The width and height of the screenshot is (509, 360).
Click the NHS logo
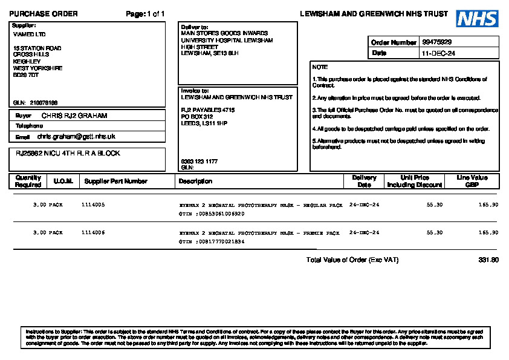(x=477, y=19)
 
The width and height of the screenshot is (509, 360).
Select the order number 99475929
(x=436, y=42)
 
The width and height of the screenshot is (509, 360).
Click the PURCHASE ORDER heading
(x=44, y=14)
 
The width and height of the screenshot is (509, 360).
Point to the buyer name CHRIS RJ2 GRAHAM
(x=74, y=115)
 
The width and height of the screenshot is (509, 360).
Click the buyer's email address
(x=76, y=137)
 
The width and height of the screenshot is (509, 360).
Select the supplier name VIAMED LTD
(x=29, y=34)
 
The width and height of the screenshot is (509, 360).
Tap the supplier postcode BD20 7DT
(x=26, y=75)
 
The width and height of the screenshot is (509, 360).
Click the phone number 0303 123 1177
(x=199, y=162)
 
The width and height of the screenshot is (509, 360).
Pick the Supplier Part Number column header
(x=115, y=181)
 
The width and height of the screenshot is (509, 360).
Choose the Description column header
(x=195, y=181)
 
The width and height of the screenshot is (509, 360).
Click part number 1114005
(x=93, y=205)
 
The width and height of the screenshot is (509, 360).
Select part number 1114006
(x=93, y=232)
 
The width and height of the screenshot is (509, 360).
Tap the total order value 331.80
(x=488, y=260)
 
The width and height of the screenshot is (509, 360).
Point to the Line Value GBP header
(x=472, y=181)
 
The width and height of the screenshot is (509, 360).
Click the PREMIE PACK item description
(x=261, y=232)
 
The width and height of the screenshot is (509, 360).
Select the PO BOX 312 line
(x=197, y=116)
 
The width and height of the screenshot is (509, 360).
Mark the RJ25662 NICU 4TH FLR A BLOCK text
(x=68, y=154)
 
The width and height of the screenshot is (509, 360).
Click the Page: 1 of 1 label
(x=145, y=14)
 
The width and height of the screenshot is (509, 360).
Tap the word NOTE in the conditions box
(x=320, y=67)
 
